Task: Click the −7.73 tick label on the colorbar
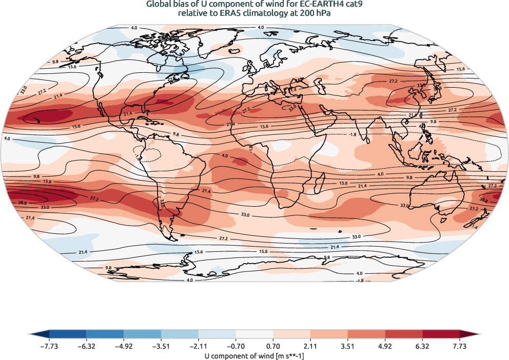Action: [49, 346]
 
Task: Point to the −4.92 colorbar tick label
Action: [124, 346]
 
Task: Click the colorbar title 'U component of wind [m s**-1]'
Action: [254, 354]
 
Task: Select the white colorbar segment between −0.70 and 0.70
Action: [254, 335]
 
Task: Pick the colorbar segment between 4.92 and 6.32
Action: [404, 335]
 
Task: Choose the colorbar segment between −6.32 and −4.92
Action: [105, 335]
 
